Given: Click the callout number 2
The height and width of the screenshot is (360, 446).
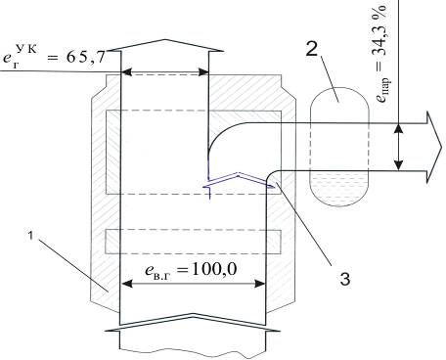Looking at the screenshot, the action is (x=312, y=49).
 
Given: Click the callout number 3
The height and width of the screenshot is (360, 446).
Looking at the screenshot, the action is (x=345, y=279).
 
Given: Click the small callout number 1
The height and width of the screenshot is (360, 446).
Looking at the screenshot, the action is (x=30, y=235).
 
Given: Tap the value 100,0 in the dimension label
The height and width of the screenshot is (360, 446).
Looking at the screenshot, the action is (x=214, y=269).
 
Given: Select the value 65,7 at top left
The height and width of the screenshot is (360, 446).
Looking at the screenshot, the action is (x=87, y=58).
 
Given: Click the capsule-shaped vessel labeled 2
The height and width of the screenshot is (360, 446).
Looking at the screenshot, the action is (x=339, y=147).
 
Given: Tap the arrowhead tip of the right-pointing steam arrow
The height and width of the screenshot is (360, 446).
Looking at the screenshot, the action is (x=441, y=147).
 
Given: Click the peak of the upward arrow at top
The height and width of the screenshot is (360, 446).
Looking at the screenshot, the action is (x=165, y=40).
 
